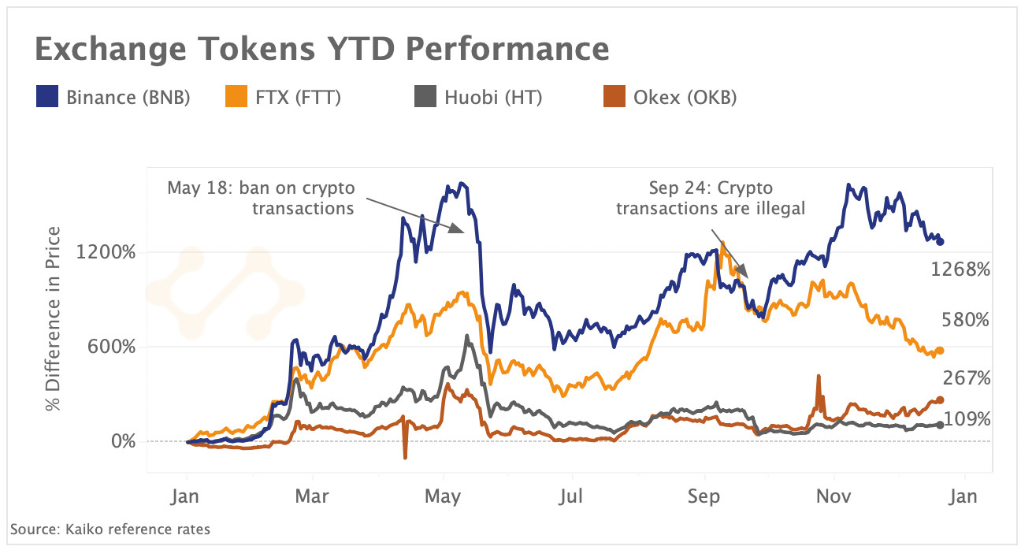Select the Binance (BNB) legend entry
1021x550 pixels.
click(x=113, y=98)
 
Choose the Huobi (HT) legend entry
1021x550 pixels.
click(x=478, y=98)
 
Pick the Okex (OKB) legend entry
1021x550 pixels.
click(x=670, y=98)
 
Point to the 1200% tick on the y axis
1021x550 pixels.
click(x=106, y=253)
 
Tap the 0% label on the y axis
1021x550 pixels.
click(x=121, y=441)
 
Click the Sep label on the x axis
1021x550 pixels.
click(x=704, y=497)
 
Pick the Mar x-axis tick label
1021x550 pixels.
click(x=313, y=497)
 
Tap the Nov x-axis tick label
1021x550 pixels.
click(x=833, y=497)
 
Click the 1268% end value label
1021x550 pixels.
click(x=960, y=270)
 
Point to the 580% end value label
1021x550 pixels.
click(x=965, y=320)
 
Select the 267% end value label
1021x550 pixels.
click(x=965, y=379)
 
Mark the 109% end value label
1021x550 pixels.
click(x=965, y=420)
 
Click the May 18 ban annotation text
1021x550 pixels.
click(x=261, y=199)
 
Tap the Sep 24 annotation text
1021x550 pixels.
click(x=711, y=199)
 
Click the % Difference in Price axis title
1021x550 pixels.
click(x=54, y=318)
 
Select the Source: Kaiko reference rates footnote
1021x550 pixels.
click(x=110, y=530)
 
